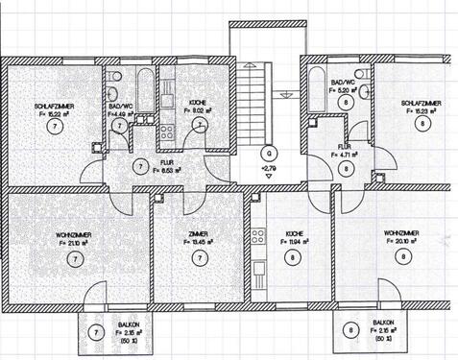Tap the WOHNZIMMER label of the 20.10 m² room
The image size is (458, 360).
click(401, 233)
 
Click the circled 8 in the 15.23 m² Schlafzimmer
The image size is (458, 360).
click(420, 122)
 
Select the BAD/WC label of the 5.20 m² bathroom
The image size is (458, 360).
click(343, 84)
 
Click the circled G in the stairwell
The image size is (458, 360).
click(270, 153)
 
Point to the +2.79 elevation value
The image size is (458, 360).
click(269, 168)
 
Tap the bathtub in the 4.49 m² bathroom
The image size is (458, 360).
click(144, 92)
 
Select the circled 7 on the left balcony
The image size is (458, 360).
click(95, 332)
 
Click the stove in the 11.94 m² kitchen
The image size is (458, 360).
click(256, 237)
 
